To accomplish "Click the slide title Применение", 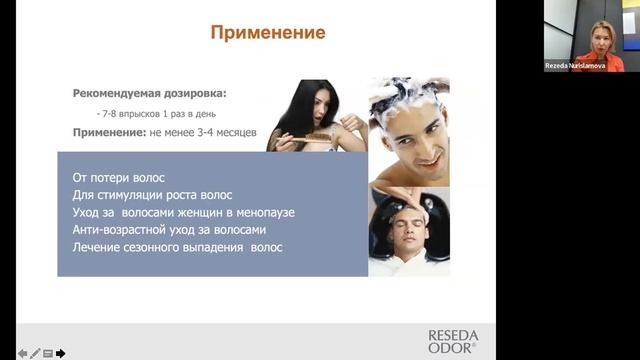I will pos(268,33).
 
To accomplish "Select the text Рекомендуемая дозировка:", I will pos(149,93).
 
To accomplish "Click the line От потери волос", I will pos(118,177).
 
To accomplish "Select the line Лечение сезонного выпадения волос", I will pos(178,247).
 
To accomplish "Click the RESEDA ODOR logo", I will pos(453,342).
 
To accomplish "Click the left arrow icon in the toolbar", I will pos(22,353).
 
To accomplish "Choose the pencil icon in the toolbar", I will pos(35,353).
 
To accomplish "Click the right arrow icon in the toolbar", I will pos(61,353).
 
